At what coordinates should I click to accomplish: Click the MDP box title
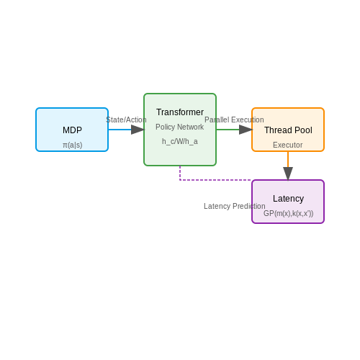72,130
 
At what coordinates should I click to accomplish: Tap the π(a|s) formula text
73,145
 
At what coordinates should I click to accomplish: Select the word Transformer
180,112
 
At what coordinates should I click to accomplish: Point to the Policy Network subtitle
180,127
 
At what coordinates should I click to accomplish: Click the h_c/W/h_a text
180,141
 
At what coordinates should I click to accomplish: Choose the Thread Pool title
288,130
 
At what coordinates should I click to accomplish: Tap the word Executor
288,145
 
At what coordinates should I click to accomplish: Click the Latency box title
288,199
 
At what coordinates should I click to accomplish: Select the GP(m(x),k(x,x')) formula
288,213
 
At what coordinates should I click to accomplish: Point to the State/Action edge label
126,120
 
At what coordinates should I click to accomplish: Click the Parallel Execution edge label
234,120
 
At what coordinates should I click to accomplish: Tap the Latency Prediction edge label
235,206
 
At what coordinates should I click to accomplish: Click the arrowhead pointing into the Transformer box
138,130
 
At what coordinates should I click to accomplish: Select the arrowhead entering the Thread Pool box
246,130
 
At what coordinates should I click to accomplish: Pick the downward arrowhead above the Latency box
288,174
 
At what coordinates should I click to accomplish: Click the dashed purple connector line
209,180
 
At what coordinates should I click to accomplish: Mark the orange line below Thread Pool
288,159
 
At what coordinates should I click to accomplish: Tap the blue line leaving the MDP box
120,130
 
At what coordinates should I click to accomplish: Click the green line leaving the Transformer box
228,130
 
